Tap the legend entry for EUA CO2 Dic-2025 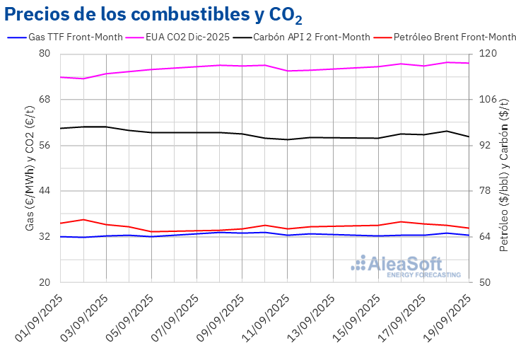187,37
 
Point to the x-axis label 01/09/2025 42,316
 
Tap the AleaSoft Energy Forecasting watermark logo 407,266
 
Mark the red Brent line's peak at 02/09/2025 83,219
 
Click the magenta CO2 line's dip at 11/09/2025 287,71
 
